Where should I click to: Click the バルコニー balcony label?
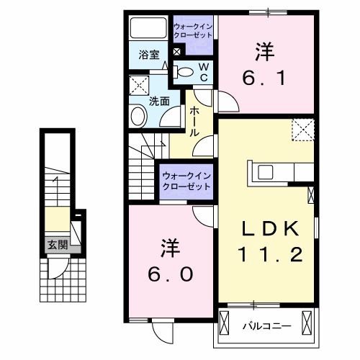[x=266, y=326]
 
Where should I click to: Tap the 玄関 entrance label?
[x=58, y=245]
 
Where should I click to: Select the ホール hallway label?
[x=195, y=122]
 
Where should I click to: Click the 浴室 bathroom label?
[x=148, y=54]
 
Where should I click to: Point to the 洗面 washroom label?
[x=160, y=102]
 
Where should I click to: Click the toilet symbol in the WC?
[x=186, y=71]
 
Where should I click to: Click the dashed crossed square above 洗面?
[x=139, y=86]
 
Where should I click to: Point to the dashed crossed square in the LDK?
[x=302, y=130]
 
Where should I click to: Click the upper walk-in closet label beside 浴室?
[x=193, y=30]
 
